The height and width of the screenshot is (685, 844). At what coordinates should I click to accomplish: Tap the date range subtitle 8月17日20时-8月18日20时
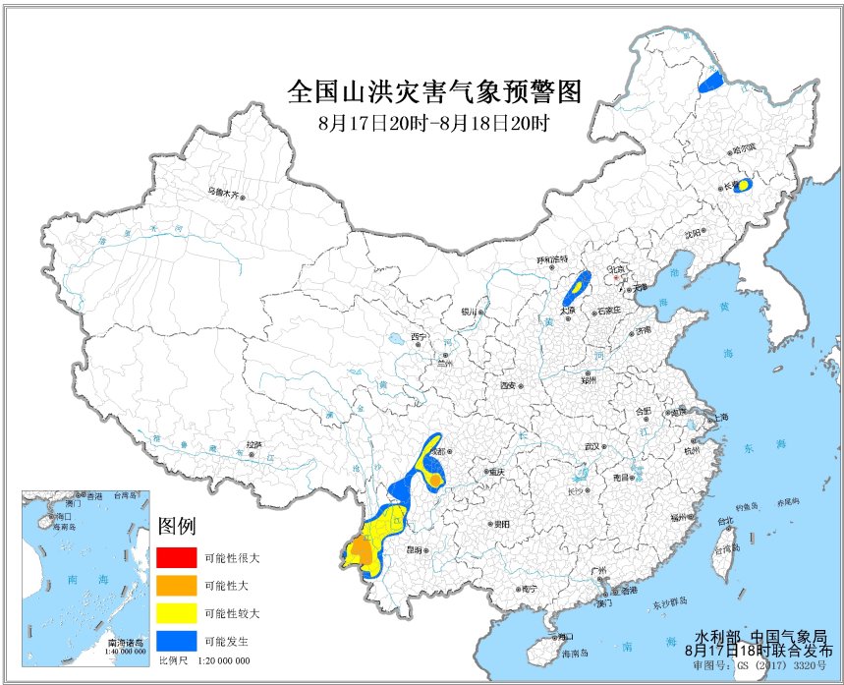[x=433, y=124]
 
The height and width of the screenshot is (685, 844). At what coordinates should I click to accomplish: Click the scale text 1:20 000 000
[x=224, y=661]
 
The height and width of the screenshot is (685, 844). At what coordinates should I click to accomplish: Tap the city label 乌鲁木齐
[x=223, y=193]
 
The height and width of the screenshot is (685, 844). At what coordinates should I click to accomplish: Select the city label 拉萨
[x=253, y=444]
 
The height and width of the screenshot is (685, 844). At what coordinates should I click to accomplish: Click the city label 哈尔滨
[x=746, y=148]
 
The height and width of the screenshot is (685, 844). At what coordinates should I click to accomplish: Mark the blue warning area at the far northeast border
[x=710, y=82]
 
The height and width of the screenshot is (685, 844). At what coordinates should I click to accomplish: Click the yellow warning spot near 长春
[x=745, y=184]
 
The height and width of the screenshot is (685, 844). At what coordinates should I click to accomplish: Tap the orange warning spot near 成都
[x=432, y=479]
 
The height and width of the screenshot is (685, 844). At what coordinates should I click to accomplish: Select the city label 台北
[x=724, y=522]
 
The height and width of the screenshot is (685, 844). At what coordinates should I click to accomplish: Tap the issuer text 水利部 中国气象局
[x=761, y=636]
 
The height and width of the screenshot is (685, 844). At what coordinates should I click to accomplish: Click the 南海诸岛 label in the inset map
[x=126, y=641]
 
